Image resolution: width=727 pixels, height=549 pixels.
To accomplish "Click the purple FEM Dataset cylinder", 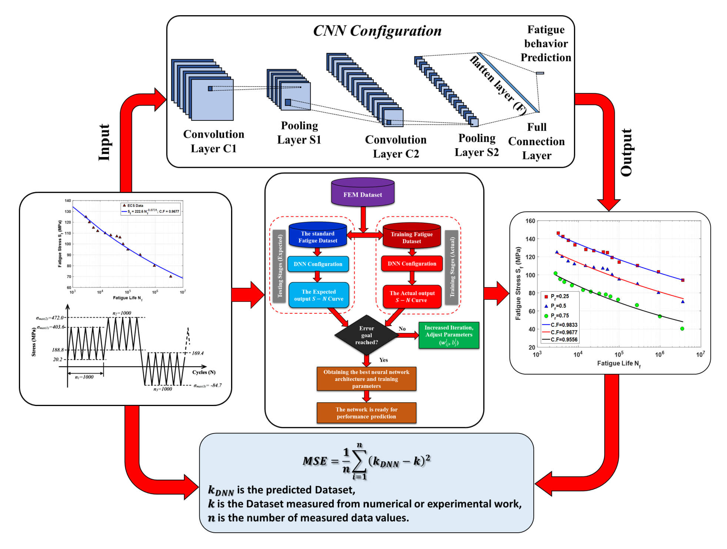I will point(362,193).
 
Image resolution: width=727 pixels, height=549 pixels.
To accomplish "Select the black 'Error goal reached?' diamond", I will point(366,335).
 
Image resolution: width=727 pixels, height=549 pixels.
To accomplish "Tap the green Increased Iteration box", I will point(448,335).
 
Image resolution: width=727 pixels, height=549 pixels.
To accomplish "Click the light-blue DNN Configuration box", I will point(318,264).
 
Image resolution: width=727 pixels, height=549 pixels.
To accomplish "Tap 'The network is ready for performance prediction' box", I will point(366,413).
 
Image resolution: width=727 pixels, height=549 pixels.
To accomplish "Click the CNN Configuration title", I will point(377,31).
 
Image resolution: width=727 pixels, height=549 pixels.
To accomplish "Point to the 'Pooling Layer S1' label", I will point(299,133).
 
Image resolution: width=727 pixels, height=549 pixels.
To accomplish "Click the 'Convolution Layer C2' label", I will point(396,146).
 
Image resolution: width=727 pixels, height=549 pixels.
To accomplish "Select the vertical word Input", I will point(104,143).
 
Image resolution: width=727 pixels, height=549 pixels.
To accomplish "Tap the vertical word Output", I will point(626,152).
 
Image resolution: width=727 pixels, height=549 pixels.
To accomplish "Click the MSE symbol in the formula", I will point(314,461).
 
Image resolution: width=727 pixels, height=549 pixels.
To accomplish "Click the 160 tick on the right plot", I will point(530,221).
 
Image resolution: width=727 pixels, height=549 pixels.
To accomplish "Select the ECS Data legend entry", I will point(134,206).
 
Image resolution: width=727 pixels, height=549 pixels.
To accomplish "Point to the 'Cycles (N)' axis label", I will point(204,372).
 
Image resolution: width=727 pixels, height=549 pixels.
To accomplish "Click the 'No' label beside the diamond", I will point(402,329).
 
